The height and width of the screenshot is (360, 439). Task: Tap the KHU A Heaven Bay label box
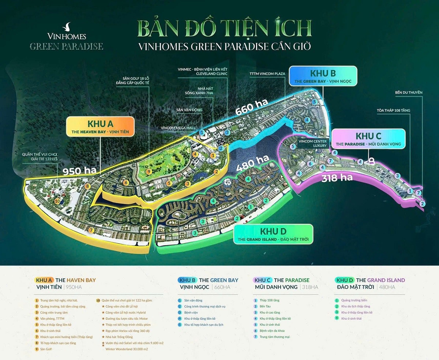tap(100, 127)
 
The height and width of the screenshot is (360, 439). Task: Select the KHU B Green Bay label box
tap(322, 76)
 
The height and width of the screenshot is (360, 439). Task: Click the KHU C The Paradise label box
tap(368, 139)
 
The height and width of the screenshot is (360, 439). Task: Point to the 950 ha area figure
tap(79, 170)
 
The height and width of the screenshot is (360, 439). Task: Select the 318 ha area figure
tap(337, 178)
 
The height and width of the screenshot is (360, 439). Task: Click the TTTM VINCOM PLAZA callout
tap(267, 74)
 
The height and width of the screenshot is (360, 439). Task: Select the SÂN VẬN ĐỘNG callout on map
tap(189, 110)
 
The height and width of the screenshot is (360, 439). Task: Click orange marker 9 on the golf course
tap(149, 172)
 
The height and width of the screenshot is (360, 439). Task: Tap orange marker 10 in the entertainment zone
tap(57, 201)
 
